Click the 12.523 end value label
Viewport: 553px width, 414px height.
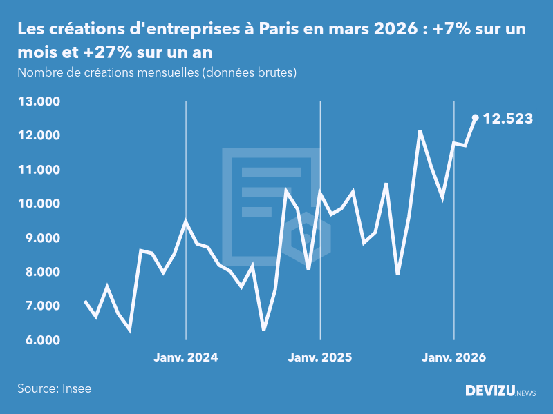click(507, 119)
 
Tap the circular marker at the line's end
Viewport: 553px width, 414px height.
click(475, 117)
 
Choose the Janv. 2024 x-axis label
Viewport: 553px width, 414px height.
click(185, 357)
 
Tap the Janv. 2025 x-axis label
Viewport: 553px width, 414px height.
click(319, 357)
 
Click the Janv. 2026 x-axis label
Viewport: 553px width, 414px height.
click(454, 357)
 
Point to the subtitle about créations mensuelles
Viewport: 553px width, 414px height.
click(157, 72)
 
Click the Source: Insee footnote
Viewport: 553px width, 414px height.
click(54, 388)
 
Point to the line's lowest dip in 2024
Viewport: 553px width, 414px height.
click(263, 329)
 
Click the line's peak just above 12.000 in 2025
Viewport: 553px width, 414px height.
click(420, 131)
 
